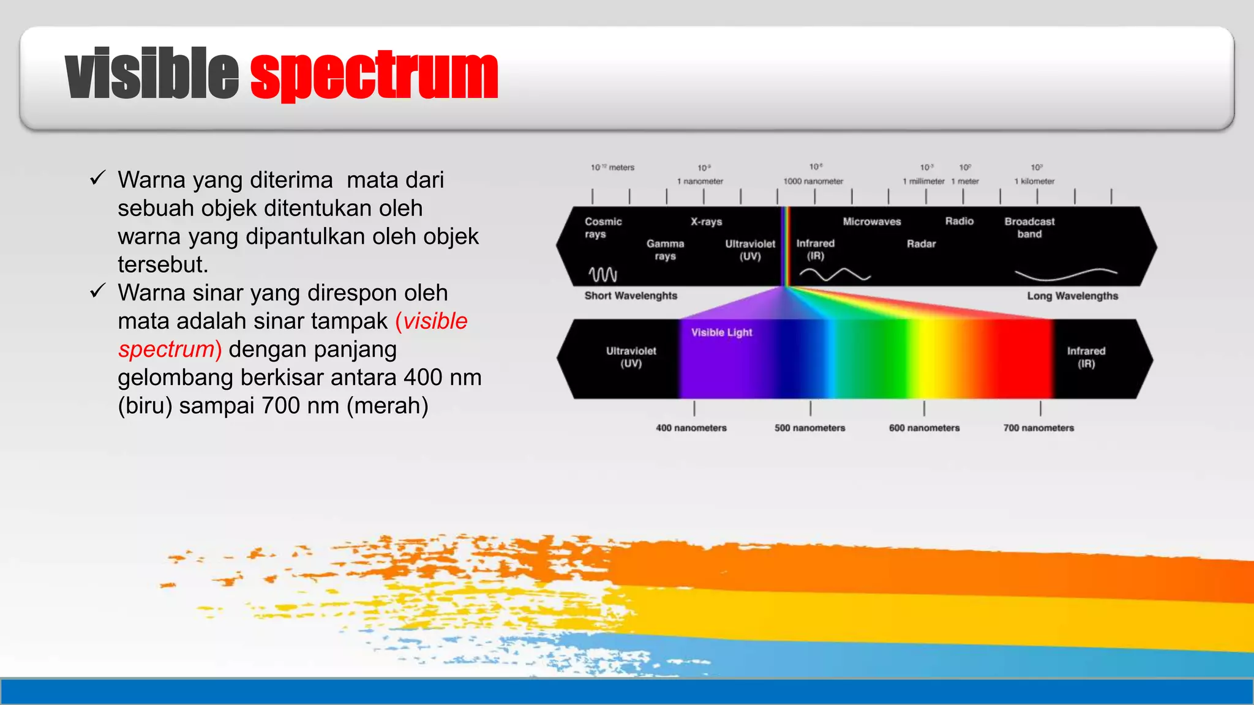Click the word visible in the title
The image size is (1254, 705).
click(x=151, y=75)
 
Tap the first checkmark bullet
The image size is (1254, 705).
click(x=98, y=178)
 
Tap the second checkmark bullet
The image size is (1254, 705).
click(x=98, y=291)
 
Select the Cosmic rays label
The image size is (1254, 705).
click(x=603, y=228)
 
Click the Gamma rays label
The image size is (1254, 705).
click(x=665, y=250)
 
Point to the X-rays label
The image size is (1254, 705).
click(x=706, y=222)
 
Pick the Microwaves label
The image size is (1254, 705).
click(x=871, y=222)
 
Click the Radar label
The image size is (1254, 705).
click(x=921, y=244)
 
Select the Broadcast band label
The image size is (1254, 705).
click(x=1029, y=228)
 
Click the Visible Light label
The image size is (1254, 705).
click(x=721, y=332)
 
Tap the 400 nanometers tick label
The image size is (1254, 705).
click(x=691, y=428)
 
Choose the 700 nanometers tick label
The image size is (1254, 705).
click(x=1038, y=428)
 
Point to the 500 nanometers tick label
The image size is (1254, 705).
click(x=809, y=428)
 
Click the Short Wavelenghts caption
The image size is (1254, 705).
click(x=631, y=296)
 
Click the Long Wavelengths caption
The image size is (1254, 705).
click(x=1072, y=296)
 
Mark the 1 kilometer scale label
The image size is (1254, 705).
click(x=1034, y=181)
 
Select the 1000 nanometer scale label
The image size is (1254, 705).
click(x=813, y=181)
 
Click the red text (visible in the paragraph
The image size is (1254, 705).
click(x=432, y=321)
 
